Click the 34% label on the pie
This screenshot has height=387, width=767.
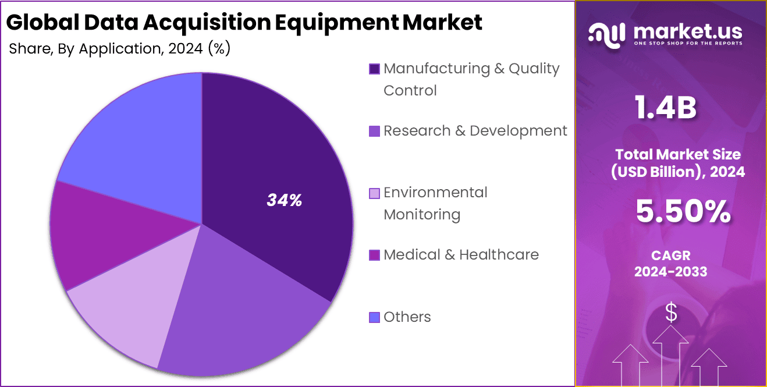click(284, 200)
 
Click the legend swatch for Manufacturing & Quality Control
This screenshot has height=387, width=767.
click(375, 69)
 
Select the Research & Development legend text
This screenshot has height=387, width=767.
click(475, 131)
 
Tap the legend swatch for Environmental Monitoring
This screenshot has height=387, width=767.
click(375, 193)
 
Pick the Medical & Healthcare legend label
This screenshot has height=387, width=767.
click(461, 255)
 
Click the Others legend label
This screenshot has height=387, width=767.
click(407, 317)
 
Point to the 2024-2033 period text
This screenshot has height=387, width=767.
click(670, 272)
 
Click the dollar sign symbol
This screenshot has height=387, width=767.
click(671, 313)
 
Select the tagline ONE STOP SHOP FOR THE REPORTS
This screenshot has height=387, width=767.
click(687, 44)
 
